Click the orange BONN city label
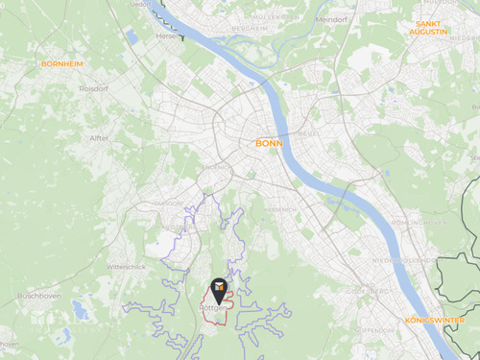269,143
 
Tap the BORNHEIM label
61,63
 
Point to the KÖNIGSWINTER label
434,320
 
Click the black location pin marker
219,287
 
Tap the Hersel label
169,36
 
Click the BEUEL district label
309,133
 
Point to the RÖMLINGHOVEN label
420,223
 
